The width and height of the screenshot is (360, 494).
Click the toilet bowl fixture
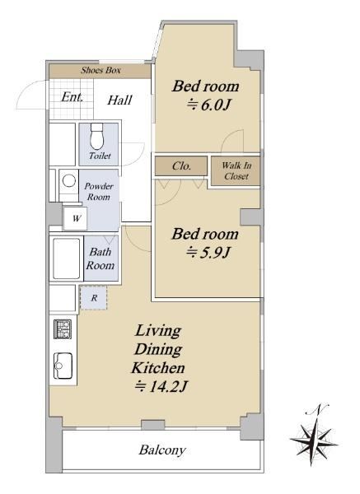pos(96,137)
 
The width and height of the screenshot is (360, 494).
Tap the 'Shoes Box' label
pos(101,70)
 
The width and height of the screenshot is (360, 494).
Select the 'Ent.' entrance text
pos(72,97)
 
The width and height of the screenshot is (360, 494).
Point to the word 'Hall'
pos(119,100)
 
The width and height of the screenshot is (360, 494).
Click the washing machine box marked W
pos(75,218)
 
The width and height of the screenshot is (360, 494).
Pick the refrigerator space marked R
pos(94,298)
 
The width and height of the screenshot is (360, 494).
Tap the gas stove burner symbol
pos(63,329)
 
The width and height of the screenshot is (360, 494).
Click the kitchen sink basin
pos(63,366)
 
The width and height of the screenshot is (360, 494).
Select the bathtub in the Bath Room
pos(66,259)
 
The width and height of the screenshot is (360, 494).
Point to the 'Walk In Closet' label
pos(236,170)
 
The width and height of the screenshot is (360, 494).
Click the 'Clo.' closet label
pos(181,165)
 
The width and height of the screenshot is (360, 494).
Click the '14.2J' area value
pos(168,386)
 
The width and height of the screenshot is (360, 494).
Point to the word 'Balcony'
pos(162,450)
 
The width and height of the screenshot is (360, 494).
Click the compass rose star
pos(313,440)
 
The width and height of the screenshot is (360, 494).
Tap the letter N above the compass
pos(318,408)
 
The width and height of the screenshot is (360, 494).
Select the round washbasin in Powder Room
pos(68,181)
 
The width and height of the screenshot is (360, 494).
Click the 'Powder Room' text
pos(99,192)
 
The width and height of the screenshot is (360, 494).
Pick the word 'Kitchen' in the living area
pos(158,368)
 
